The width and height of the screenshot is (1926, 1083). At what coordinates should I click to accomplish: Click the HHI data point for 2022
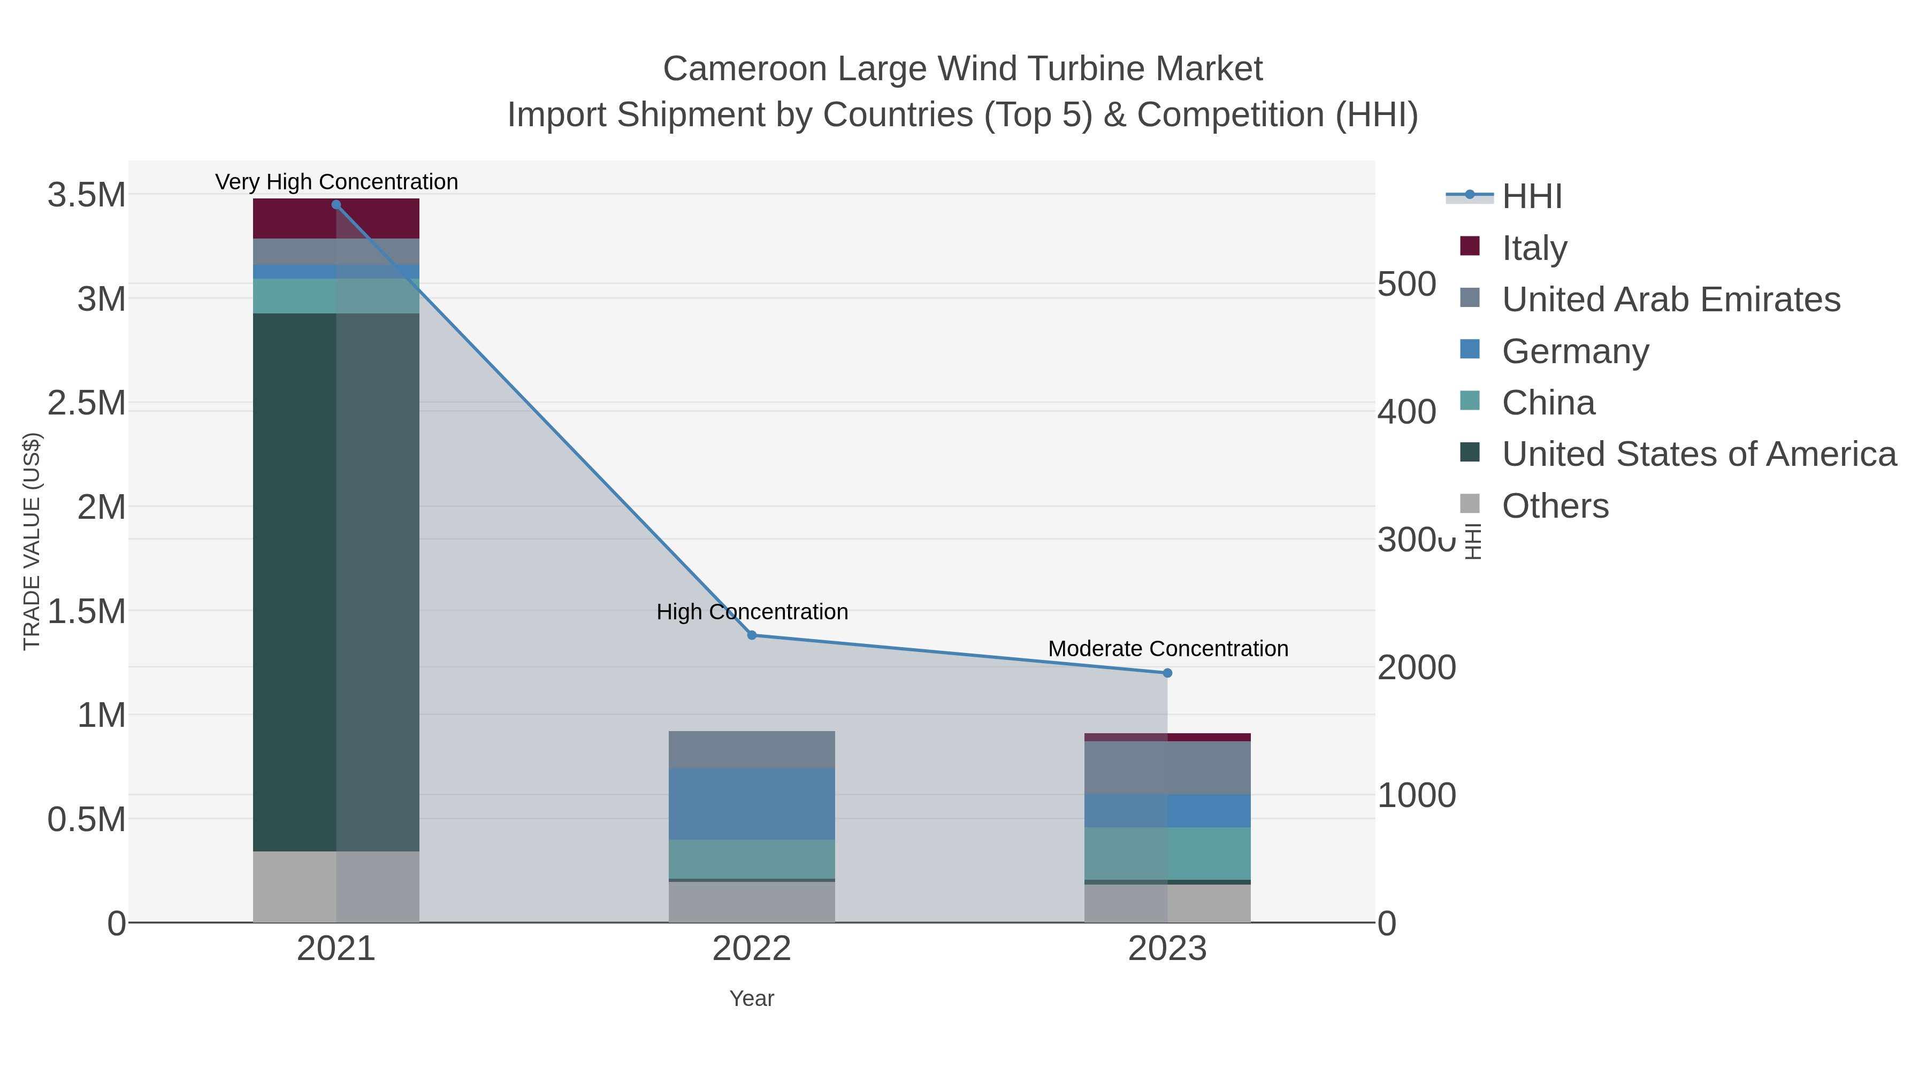pos(752,635)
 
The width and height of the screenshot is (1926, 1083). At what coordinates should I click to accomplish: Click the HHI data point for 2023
pos(1167,673)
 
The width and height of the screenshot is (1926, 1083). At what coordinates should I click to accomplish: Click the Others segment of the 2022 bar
pos(752,902)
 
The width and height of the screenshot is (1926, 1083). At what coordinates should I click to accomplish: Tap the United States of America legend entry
pos(1698,454)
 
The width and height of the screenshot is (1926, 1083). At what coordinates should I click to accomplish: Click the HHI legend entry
pos(1531,196)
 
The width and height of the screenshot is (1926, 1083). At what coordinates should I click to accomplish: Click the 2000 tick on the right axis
pos(1416,667)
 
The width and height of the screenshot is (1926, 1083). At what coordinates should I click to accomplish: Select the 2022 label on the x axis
pos(752,949)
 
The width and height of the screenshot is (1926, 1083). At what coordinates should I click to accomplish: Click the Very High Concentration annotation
pos(337,182)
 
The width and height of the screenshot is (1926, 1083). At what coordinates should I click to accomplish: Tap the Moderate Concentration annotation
pos(1168,649)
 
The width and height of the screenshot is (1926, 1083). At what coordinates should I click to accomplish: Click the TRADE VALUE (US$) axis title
pos(32,541)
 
